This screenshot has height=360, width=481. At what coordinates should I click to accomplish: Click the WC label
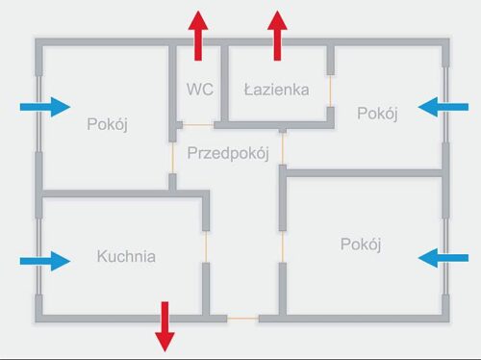click(199, 90)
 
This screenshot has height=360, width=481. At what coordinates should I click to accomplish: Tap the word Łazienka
click(276, 90)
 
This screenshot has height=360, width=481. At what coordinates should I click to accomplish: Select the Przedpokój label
click(227, 153)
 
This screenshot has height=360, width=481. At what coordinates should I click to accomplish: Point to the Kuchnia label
click(126, 257)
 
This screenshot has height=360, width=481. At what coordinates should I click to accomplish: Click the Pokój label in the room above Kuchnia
click(108, 124)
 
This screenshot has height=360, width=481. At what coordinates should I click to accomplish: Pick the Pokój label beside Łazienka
click(377, 114)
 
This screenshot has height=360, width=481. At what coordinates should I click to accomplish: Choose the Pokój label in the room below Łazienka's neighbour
click(361, 244)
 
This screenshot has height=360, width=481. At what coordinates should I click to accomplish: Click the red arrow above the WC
click(198, 36)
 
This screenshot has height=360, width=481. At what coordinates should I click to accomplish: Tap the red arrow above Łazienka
click(278, 36)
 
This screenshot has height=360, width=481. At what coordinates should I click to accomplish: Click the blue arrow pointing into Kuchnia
click(45, 260)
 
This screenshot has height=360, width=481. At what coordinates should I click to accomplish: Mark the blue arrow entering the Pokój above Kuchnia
click(45, 106)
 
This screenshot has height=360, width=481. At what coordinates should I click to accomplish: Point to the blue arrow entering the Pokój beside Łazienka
click(443, 106)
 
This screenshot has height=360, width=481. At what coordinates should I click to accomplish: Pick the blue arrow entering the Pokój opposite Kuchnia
click(443, 257)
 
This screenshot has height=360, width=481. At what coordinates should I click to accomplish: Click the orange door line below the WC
click(197, 125)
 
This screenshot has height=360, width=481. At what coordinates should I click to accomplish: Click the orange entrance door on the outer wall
click(242, 318)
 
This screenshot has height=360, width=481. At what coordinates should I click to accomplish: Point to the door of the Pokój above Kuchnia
click(172, 159)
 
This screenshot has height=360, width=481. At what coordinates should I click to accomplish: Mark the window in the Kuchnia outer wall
click(38, 260)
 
